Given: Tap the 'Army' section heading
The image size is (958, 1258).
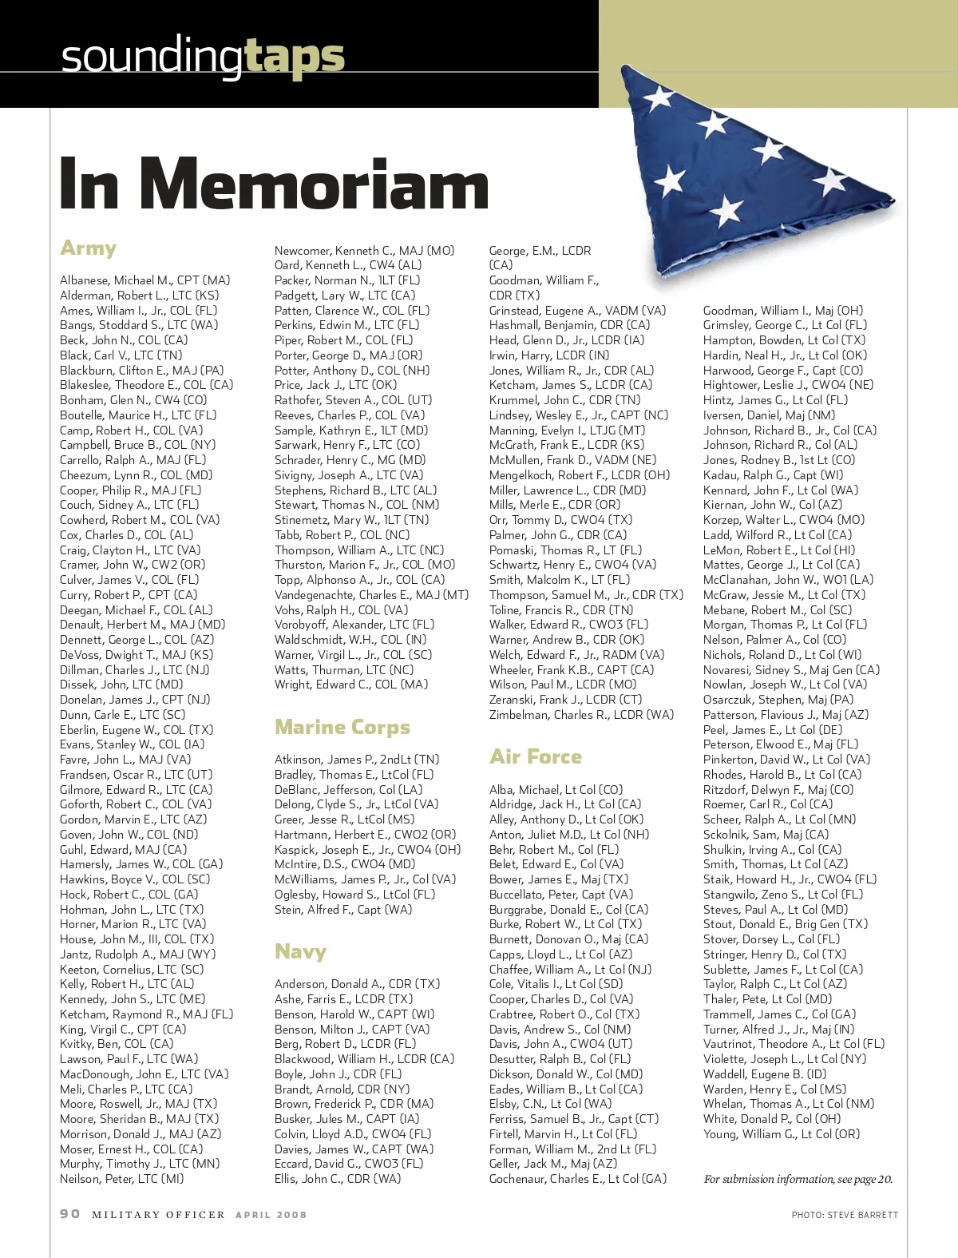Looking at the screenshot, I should coord(89,248).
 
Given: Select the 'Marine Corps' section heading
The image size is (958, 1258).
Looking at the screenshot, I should coord(342,727).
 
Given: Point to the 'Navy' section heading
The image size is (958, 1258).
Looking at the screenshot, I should coord(300,951).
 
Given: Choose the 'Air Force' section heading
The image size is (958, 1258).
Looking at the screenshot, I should coord(536,756).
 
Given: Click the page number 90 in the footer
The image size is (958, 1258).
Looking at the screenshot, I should coord(70,1214).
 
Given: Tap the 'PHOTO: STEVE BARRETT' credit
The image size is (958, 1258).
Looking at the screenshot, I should coord(845,1215).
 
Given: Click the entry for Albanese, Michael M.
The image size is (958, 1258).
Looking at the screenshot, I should coord(144,280).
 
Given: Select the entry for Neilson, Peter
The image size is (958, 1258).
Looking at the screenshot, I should coord(121,1179).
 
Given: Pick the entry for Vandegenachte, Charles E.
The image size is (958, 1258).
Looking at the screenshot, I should coord(371,595).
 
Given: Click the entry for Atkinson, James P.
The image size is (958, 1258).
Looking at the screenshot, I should coord(357,760).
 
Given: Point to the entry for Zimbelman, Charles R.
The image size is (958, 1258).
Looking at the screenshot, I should coord(581,715).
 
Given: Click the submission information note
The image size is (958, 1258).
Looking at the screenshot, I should coord(798,1179).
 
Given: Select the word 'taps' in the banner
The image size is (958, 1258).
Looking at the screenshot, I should coord(295,57).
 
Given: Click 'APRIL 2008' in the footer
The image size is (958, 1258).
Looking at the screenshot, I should coord(271,1215).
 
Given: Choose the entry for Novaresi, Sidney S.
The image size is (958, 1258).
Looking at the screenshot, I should coord(791,670).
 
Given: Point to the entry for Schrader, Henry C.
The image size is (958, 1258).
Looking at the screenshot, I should coord(350,460).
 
